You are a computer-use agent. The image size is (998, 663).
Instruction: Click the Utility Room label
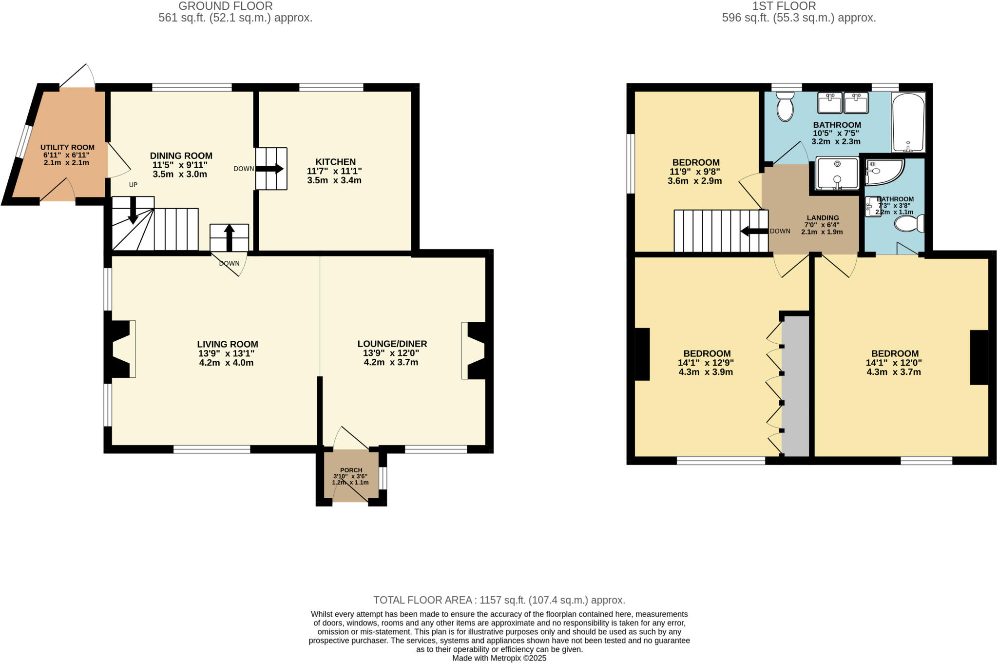(x=67, y=147)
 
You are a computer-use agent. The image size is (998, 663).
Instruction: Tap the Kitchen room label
(x=335, y=162)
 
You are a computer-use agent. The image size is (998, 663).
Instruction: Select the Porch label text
(x=351, y=470)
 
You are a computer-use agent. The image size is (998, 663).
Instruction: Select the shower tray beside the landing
(x=837, y=173)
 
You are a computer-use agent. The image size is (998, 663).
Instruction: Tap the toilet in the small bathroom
(x=909, y=224)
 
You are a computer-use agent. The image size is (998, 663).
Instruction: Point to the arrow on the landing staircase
(x=754, y=231)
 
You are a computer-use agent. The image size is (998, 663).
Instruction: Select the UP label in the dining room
(x=133, y=185)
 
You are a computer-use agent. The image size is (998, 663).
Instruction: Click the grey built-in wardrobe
(x=795, y=385)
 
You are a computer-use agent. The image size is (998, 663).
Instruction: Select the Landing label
(x=823, y=218)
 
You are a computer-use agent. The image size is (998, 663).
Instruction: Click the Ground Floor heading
(x=226, y=6)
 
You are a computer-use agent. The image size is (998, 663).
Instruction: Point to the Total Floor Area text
(x=499, y=600)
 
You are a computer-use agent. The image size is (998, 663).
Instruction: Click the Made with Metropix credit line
(x=499, y=658)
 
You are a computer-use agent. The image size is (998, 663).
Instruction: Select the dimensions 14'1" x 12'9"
(x=706, y=363)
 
